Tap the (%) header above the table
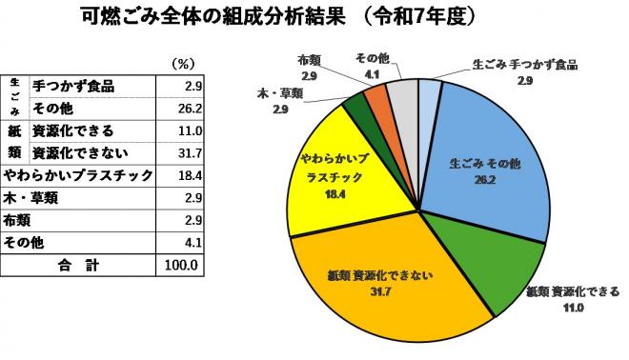[x=182, y=64]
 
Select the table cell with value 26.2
[x=181, y=108]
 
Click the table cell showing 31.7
[x=181, y=151]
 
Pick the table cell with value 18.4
[x=181, y=174]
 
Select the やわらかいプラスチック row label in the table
[x=78, y=174]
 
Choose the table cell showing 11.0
[x=181, y=130]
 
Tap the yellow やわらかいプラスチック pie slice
[x=329, y=176]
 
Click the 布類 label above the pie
[x=308, y=64]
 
